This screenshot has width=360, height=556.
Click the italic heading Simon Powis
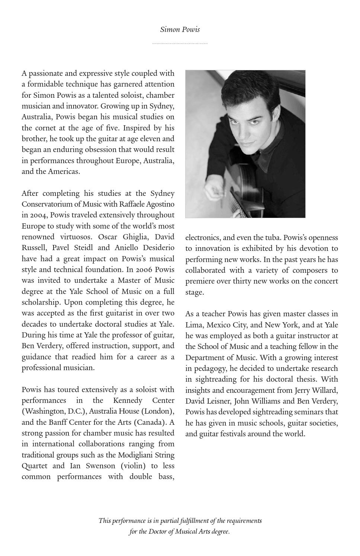click(180, 29)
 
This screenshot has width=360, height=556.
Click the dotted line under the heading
click(180, 43)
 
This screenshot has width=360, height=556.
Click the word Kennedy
click(128, 400)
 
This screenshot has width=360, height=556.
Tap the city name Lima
click(193, 325)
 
